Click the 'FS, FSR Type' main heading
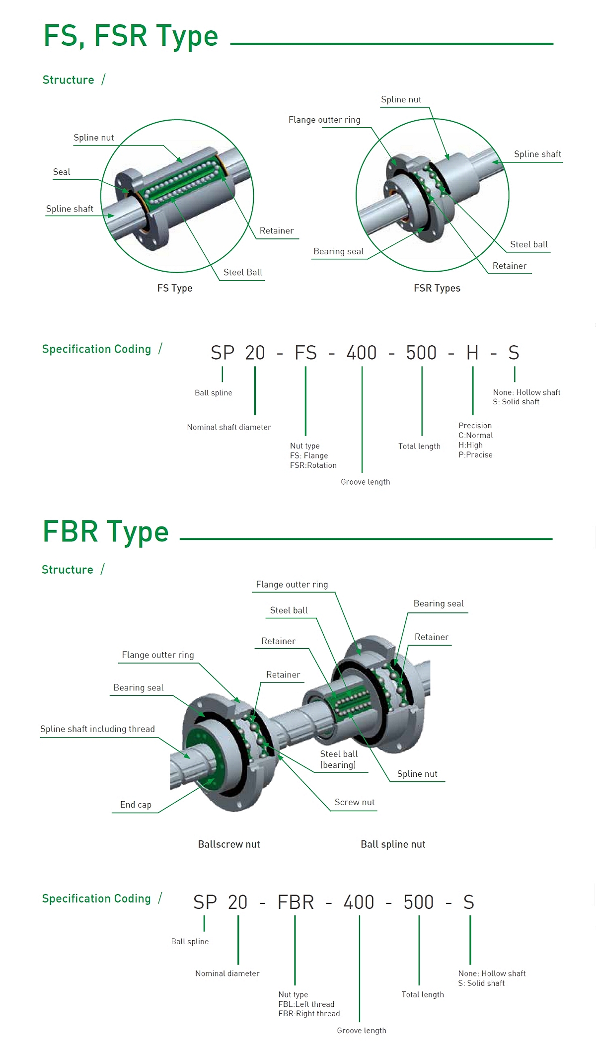131,36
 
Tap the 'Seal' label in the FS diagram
62,172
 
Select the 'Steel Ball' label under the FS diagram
242,272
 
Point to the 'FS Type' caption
174,288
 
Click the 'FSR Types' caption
437,288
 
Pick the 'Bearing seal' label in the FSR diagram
338,251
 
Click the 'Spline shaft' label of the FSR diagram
537,154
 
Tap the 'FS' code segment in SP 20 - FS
305,353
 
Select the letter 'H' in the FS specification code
472,353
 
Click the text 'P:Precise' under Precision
475,455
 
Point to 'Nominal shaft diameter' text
228,427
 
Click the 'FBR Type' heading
106,531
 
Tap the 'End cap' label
136,805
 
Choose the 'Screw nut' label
354,802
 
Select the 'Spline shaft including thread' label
97,729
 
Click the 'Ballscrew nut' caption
228,844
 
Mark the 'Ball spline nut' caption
393,844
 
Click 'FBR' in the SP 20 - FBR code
296,902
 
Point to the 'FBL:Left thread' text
306,1004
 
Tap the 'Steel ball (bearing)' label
338,759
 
